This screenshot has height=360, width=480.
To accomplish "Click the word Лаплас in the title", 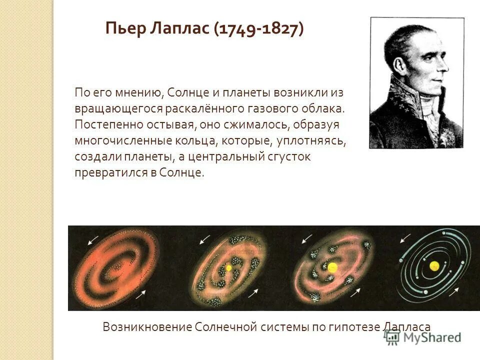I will point(180,28).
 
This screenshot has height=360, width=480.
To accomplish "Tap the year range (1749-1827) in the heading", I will point(258,28).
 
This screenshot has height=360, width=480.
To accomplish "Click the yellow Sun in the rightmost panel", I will point(433,265).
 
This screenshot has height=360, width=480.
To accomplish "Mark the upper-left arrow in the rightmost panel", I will point(406,238).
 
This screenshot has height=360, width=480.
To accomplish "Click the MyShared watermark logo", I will point(423,337).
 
